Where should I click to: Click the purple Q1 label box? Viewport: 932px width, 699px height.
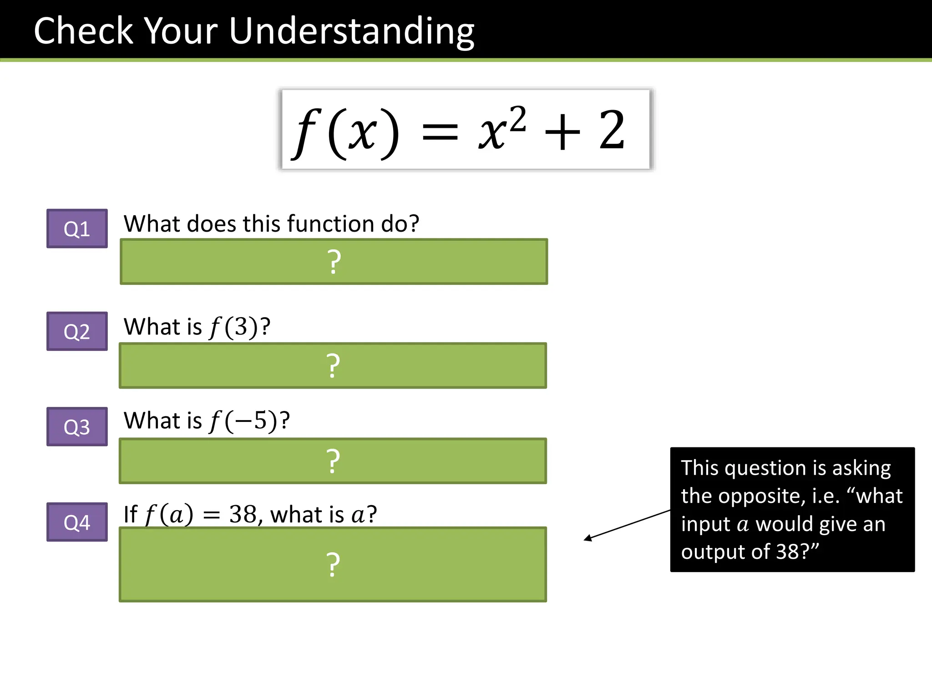[x=77, y=228]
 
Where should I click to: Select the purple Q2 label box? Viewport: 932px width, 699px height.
[x=77, y=331]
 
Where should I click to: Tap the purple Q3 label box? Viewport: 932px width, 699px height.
[x=77, y=426]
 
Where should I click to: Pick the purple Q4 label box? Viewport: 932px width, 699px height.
[x=77, y=522]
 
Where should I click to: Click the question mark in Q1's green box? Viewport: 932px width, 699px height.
[x=334, y=262]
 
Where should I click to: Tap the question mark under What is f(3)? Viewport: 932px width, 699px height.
[x=333, y=366]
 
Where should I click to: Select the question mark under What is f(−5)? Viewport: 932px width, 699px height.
[x=333, y=461]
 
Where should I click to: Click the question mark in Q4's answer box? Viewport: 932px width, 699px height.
[x=333, y=565]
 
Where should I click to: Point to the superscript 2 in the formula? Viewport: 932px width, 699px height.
[x=517, y=119]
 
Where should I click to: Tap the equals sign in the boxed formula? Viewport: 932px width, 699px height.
[x=440, y=133]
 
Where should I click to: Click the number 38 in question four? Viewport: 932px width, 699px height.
[x=243, y=514]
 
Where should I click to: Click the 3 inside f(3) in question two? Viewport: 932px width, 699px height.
[x=241, y=327]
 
